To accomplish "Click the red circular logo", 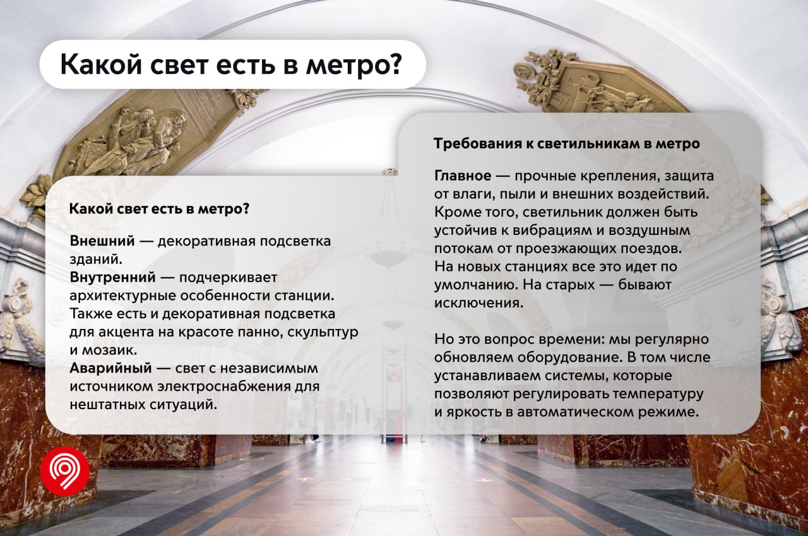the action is click(65, 472).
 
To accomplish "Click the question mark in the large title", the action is click(395, 64).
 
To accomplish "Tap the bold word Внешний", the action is click(102, 241).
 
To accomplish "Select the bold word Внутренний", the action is click(112, 277).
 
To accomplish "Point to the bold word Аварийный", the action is click(110, 368).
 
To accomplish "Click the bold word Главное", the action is click(463, 176).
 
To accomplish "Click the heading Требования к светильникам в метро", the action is click(567, 143).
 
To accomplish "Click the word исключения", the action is click(478, 302).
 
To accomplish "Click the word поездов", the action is click(645, 249).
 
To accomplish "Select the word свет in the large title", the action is click(178, 65).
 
